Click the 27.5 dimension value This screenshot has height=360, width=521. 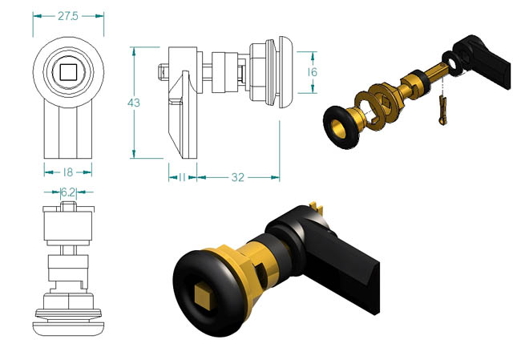pyautogui.click(x=68, y=16)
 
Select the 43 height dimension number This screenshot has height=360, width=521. pyautogui.click(x=134, y=103)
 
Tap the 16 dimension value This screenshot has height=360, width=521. pyautogui.click(x=312, y=72)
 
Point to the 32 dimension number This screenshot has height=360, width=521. pyautogui.click(x=237, y=177)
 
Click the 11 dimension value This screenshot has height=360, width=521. pyautogui.click(x=182, y=177)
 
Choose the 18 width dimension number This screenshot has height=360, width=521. pyautogui.click(x=68, y=172)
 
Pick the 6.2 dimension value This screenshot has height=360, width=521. pyautogui.click(x=68, y=192)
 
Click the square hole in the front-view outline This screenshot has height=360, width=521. pyautogui.click(x=68, y=72)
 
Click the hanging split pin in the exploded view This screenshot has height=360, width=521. pyautogui.click(x=442, y=110)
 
